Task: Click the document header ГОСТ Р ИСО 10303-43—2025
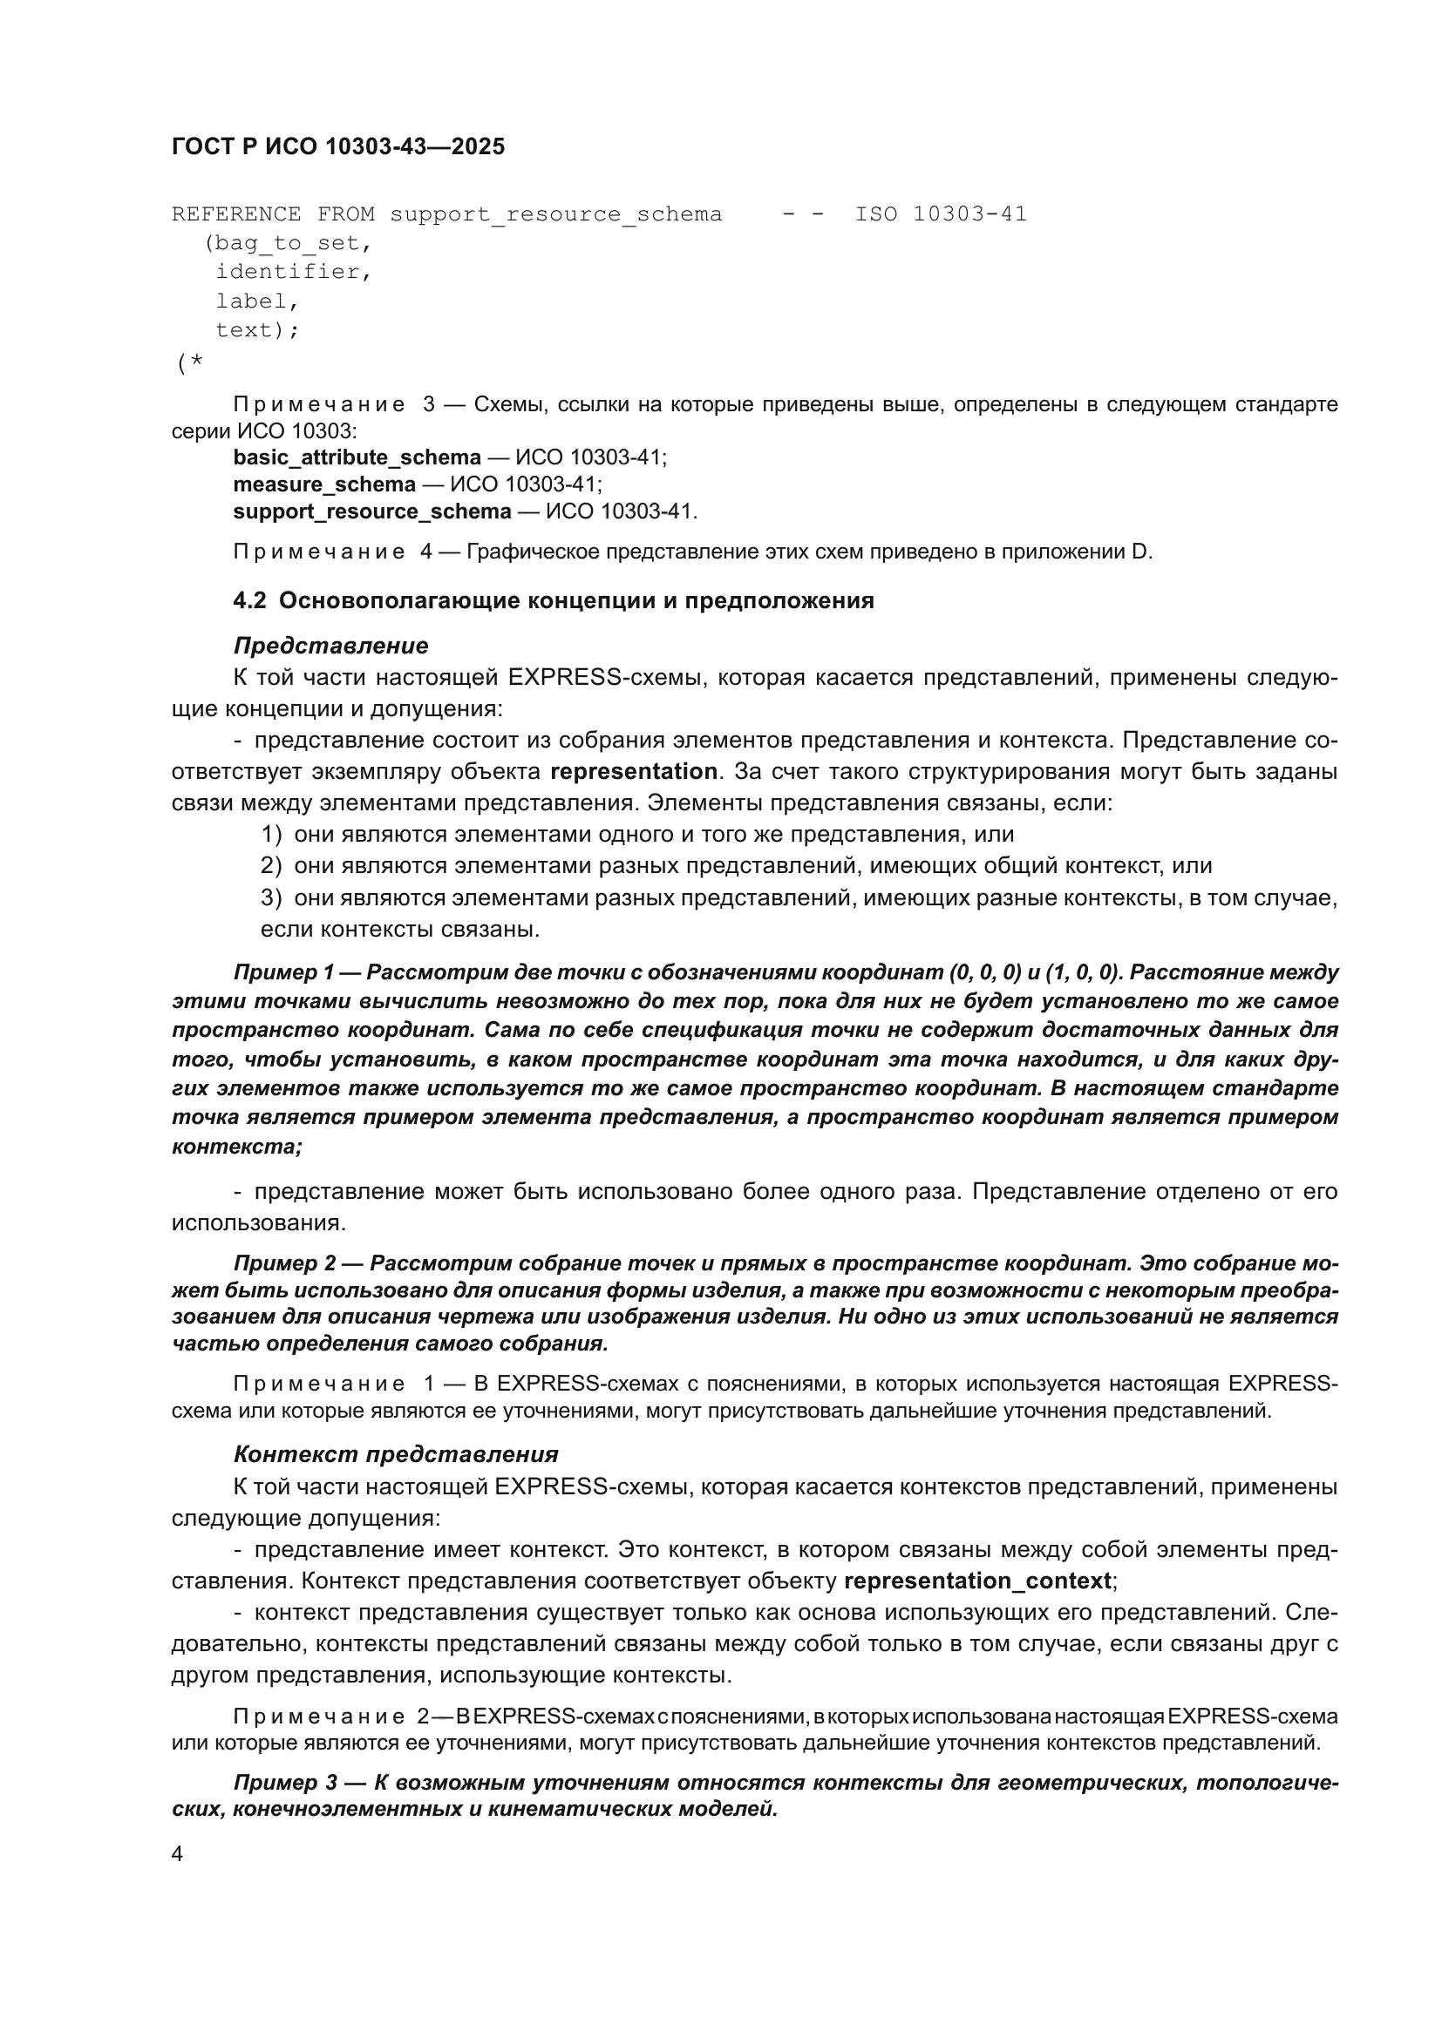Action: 337,146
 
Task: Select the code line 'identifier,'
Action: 293,272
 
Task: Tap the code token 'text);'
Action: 257,330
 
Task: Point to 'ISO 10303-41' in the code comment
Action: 941,214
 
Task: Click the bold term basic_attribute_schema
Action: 357,458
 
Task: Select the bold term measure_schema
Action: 324,484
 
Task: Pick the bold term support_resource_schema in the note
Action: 372,512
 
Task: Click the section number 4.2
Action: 249,601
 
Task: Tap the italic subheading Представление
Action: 330,646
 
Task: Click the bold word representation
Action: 633,771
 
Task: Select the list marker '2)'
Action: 271,865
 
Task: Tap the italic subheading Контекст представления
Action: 395,1454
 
